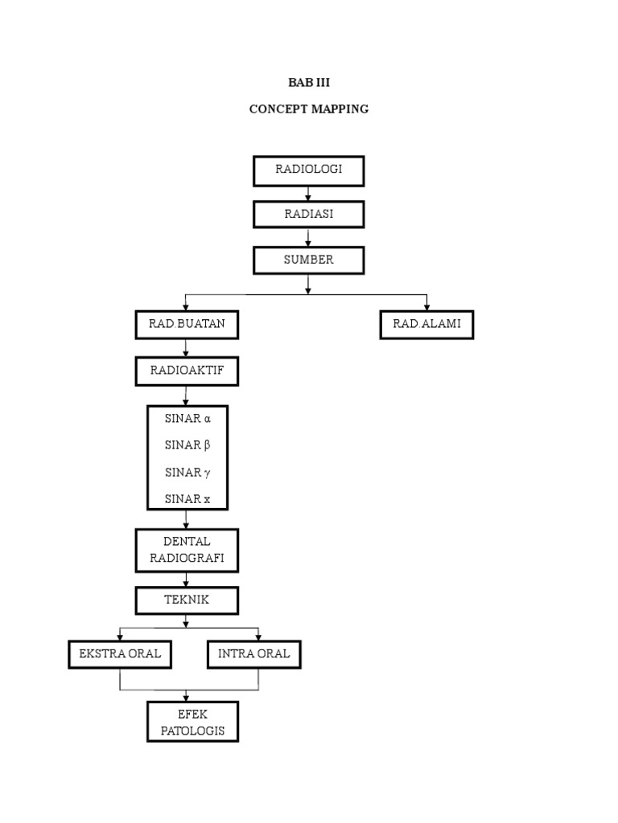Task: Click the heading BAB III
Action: coord(309,83)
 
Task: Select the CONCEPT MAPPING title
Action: coord(309,109)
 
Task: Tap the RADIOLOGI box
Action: coord(309,170)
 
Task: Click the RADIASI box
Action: coord(309,215)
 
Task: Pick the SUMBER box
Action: coord(309,260)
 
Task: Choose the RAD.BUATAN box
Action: coord(187,325)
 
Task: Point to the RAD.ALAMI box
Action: coord(426,325)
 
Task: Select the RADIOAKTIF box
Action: coord(187,371)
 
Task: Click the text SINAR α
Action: coord(187,418)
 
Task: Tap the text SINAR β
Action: coord(187,444)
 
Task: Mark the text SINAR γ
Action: coord(187,472)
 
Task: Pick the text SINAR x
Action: coord(187,499)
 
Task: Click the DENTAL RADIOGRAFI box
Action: coord(187,551)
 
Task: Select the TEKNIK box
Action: coord(187,600)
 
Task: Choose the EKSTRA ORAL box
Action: coord(120,654)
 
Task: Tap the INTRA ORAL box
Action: coord(254,654)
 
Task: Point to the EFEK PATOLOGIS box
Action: coord(192,722)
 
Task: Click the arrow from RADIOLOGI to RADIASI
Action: coord(309,194)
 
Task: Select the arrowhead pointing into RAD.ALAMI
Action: coord(426,306)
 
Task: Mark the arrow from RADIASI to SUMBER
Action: coord(309,238)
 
